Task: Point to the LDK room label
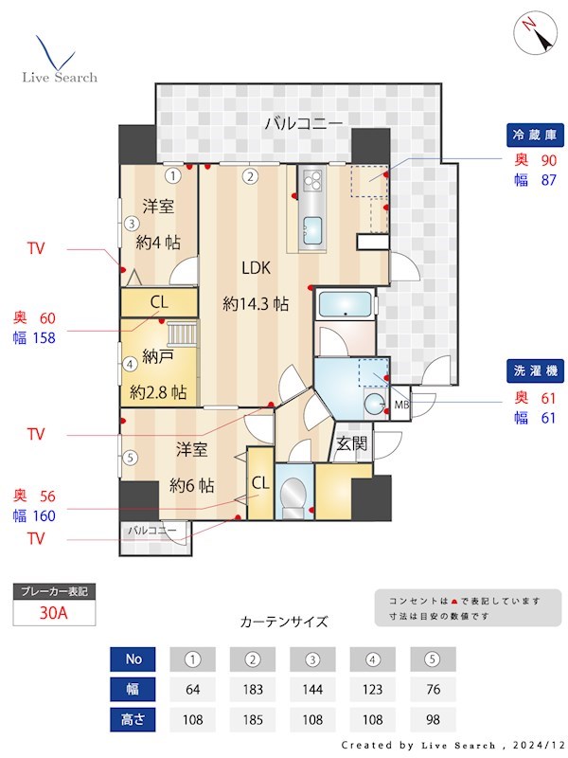click(256, 268)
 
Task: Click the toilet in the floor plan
click(295, 493)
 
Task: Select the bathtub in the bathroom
click(346, 305)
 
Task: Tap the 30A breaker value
click(55, 612)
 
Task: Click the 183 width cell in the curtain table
click(252, 689)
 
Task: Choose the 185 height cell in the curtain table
click(252, 719)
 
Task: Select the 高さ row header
click(133, 719)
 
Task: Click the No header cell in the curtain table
click(133, 659)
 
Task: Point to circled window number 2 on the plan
click(250, 175)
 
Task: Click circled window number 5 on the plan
click(130, 458)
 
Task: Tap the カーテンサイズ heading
click(284, 622)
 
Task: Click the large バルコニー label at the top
click(303, 122)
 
